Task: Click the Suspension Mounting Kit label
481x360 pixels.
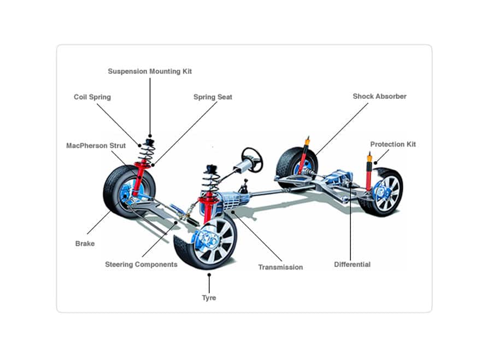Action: (x=150, y=71)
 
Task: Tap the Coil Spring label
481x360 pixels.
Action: (x=92, y=97)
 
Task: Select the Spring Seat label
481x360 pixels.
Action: (x=213, y=97)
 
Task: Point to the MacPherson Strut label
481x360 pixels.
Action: (x=96, y=146)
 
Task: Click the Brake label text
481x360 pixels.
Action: (x=85, y=244)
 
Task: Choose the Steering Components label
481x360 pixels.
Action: (x=141, y=264)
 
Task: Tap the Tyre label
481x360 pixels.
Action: (x=209, y=298)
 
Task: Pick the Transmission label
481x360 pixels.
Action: (x=280, y=267)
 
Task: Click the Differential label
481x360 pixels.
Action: (x=352, y=264)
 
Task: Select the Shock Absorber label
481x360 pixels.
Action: (x=379, y=96)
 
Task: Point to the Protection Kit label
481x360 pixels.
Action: (x=393, y=144)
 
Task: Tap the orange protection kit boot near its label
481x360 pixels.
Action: (x=369, y=160)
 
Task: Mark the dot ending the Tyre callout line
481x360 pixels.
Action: (x=209, y=276)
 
